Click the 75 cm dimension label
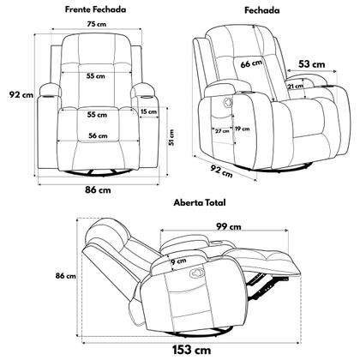pyautogui.click(x=97, y=24)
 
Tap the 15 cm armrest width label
pyautogui.click(x=148, y=111)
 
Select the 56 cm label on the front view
pyautogui.click(x=98, y=135)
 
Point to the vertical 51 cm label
pyautogui.click(x=171, y=137)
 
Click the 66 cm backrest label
pyautogui.click(x=251, y=63)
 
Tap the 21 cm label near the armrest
pyautogui.click(x=296, y=86)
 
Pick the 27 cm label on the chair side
pyautogui.click(x=222, y=131)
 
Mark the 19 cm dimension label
pyautogui.click(x=242, y=129)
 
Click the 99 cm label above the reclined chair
pyautogui.click(x=229, y=226)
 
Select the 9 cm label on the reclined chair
pyautogui.click(x=178, y=261)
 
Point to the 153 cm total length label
pyautogui.click(x=191, y=350)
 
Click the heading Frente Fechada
pyautogui.click(x=95, y=9)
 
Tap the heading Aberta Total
pyautogui.click(x=200, y=202)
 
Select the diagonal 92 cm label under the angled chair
pyautogui.click(x=221, y=171)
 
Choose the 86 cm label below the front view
pyautogui.click(x=98, y=189)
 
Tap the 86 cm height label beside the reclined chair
pyautogui.click(x=66, y=276)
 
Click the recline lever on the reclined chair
pyautogui.click(x=196, y=273)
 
